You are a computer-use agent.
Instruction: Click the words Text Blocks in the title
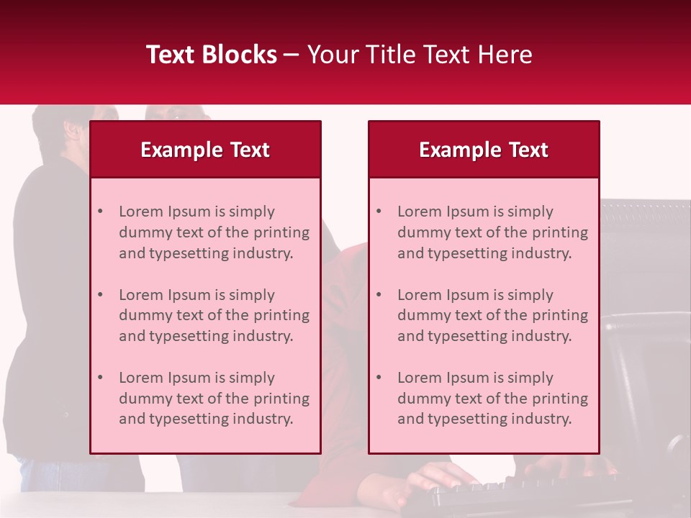212,55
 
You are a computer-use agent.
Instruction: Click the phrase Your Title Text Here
420,55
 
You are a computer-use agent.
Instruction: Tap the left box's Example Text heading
205,150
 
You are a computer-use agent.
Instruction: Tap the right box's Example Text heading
484,150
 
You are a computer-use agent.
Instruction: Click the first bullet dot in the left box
100,212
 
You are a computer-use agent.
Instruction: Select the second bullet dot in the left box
100,295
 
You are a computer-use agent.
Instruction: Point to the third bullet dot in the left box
100,378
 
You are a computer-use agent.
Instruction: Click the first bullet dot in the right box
379,212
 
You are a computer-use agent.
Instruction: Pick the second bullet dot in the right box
379,295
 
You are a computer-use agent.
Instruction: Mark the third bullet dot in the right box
379,378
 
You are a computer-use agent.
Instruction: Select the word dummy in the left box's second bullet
142,315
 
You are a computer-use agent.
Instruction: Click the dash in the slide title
292,55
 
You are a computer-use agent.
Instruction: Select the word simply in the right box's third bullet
531,378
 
